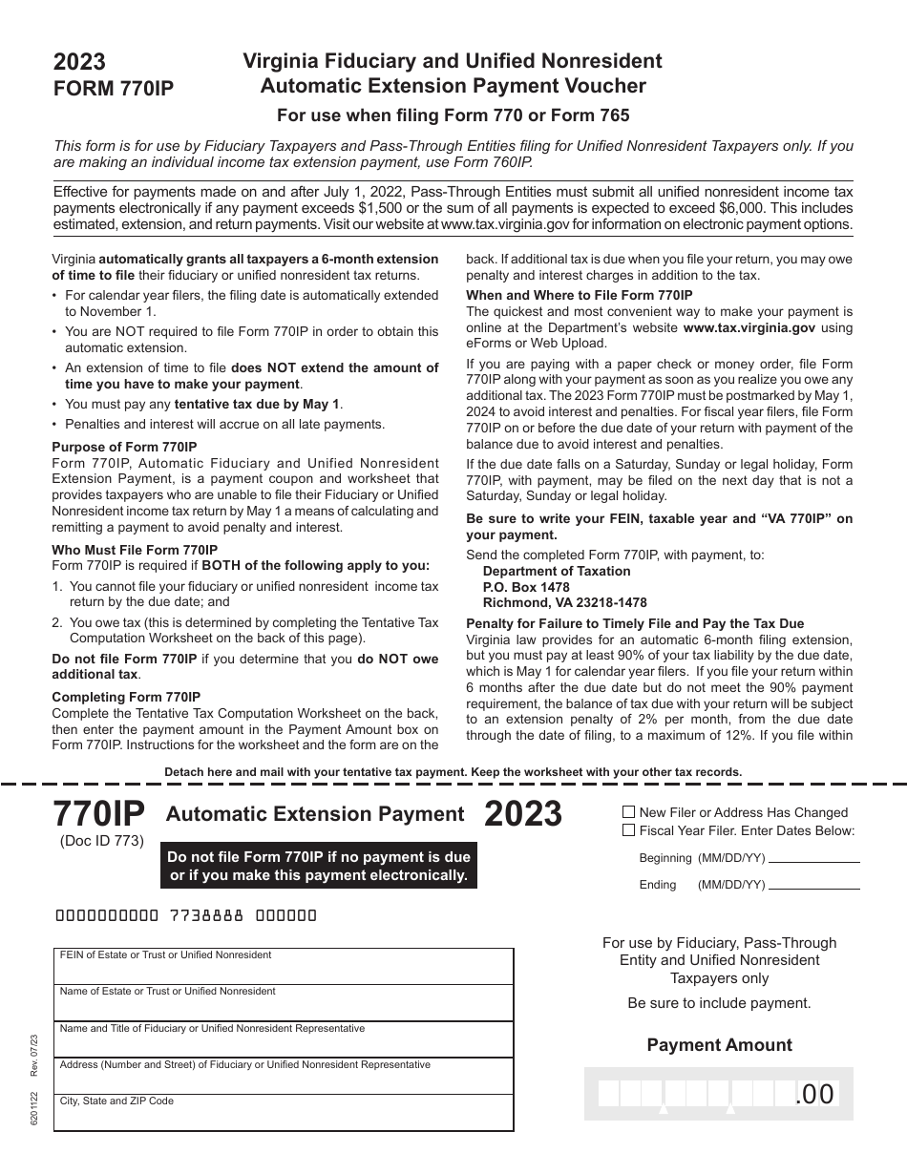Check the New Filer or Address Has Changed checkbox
[628, 812]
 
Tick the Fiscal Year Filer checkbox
[628, 830]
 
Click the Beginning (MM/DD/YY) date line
[814, 858]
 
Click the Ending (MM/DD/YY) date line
[814, 885]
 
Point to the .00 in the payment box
[814, 1094]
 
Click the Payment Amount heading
[719, 1045]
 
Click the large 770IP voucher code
[99, 813]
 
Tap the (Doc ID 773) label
[101, 841]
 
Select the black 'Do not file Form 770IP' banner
[319, 866]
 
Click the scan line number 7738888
[206, 915]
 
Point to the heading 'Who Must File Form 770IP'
[135, 550]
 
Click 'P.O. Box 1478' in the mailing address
[526, 587]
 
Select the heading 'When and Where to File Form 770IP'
[580, 295]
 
